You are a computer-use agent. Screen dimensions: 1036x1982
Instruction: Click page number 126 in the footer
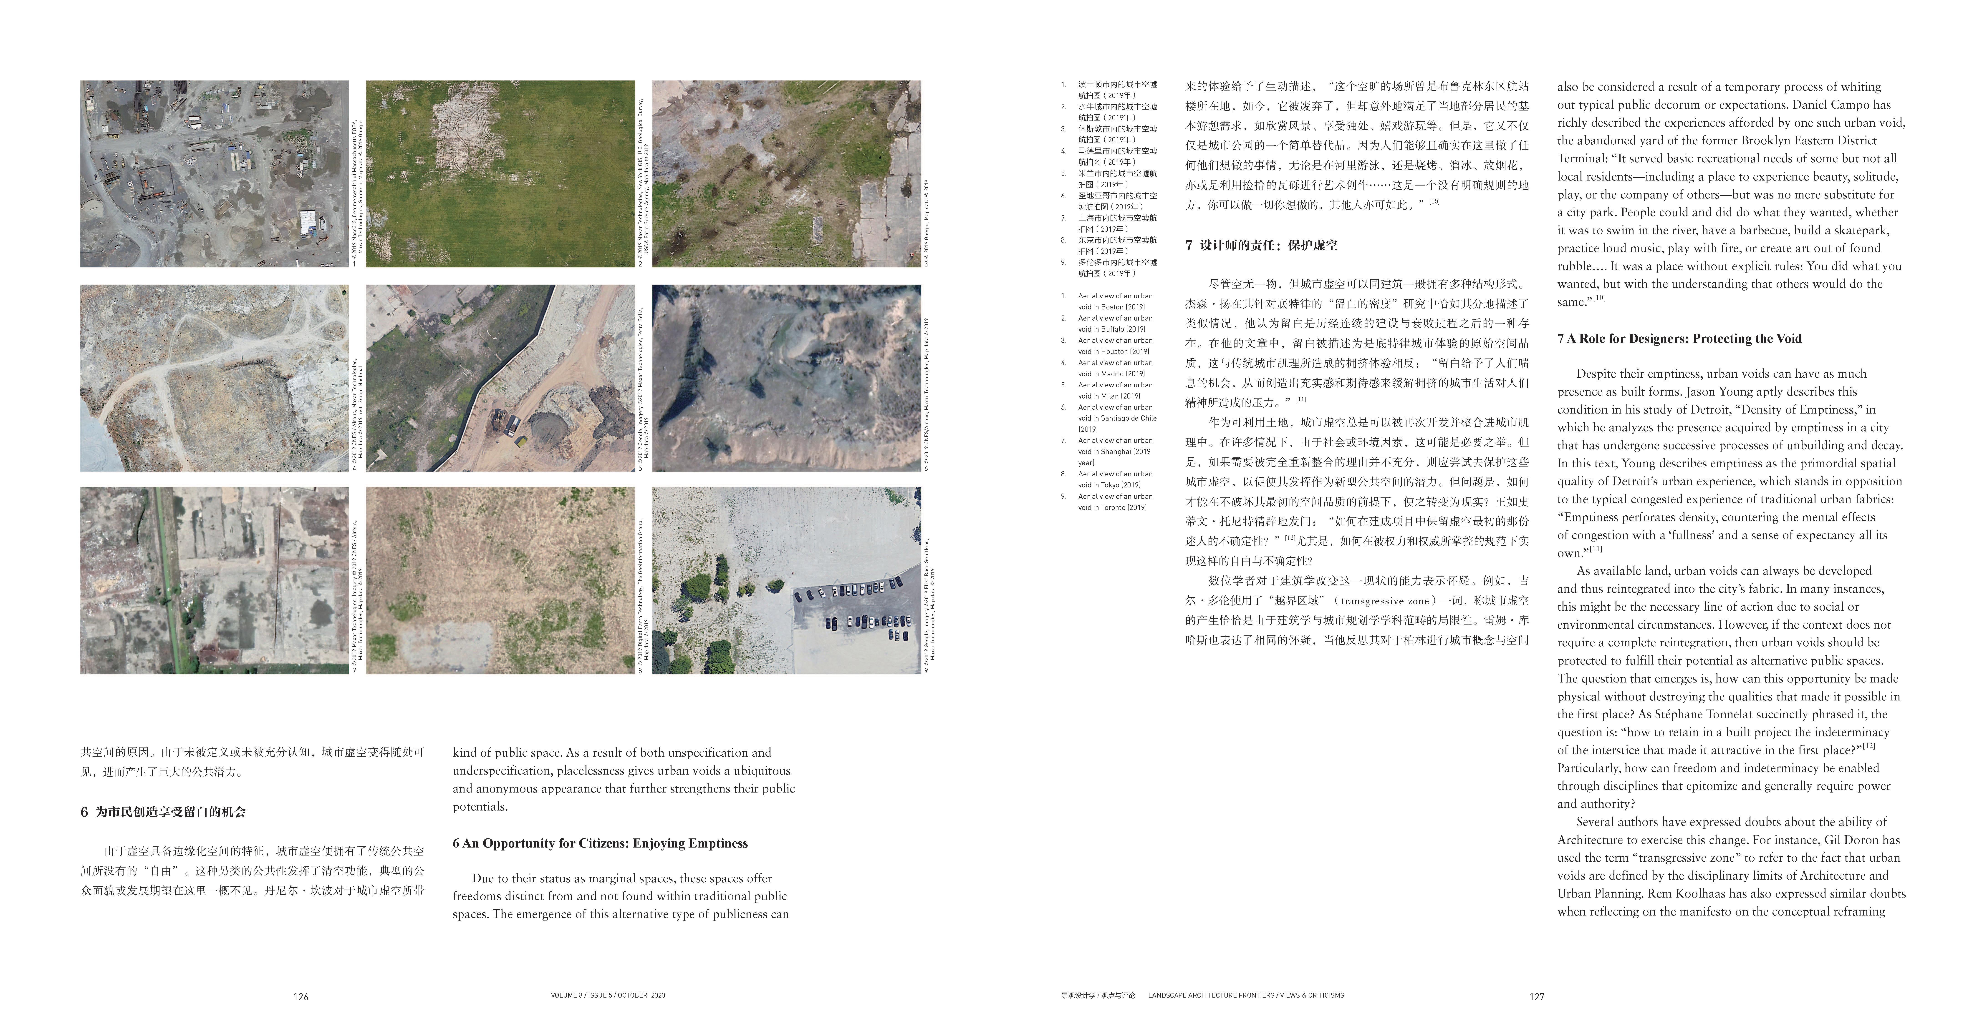[301, 997]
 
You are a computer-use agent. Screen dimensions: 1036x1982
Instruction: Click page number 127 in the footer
[1537, 997]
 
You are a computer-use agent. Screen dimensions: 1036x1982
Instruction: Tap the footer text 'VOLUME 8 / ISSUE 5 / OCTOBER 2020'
[608, 995]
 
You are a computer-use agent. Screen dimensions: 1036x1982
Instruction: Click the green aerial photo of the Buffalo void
[500, 174]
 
